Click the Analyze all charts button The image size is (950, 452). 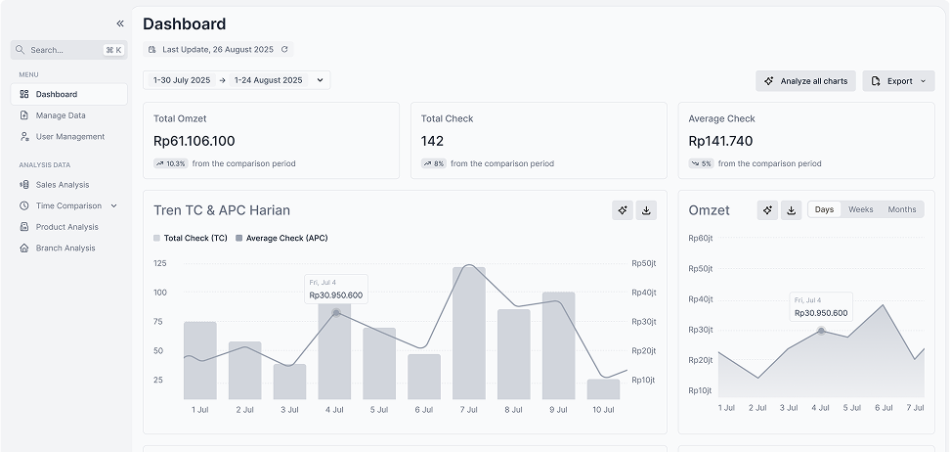tap(805, 81)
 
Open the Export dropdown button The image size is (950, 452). tap(898, 81)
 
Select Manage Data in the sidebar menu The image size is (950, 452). tap(61, 115)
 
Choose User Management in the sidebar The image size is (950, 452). tap(69, 137)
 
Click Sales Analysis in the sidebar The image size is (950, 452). tap(63, 185)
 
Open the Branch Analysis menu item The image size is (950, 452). tap(65, 249)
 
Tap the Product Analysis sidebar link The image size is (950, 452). tap(65, 227)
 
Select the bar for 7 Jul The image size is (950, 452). tap(469, 333)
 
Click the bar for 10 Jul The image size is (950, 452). tap(603, 388)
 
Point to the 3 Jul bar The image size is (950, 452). tap(289, 382)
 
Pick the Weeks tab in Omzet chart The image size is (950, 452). tap(860, 209)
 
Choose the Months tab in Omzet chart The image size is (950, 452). tap(901, 209)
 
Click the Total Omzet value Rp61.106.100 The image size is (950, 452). tap(194, 141)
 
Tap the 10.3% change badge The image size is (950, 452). tap(171, 163)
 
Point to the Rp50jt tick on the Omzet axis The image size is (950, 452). tap(700, 269)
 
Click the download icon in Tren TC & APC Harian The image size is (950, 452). tap(646, 210)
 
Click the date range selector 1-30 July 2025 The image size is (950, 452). tap(182, 80)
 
